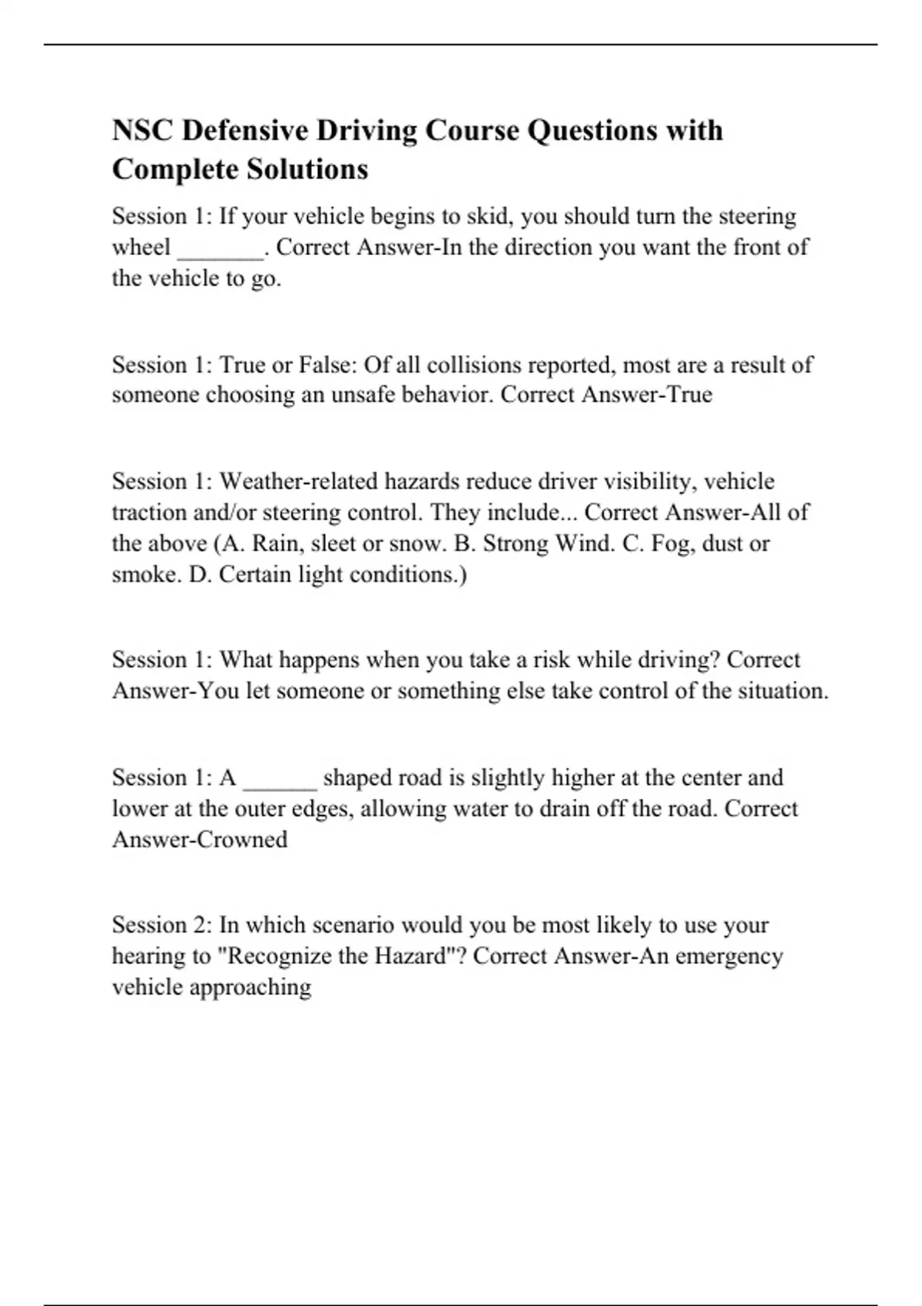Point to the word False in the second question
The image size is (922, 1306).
[327, 364]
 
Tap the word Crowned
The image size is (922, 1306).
[243, 840]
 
